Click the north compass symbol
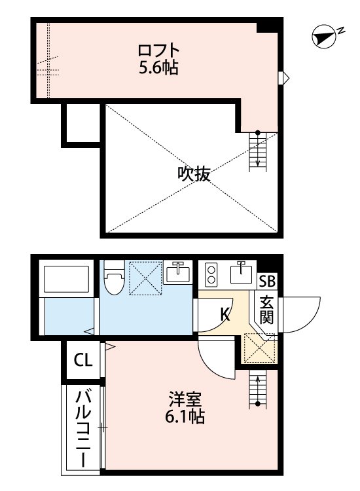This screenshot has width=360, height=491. (323, 37)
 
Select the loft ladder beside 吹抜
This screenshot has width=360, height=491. (258, 151)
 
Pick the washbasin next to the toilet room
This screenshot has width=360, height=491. (177, 272)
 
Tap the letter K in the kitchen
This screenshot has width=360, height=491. (225, 315)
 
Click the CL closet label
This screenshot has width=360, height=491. (83, 359)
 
